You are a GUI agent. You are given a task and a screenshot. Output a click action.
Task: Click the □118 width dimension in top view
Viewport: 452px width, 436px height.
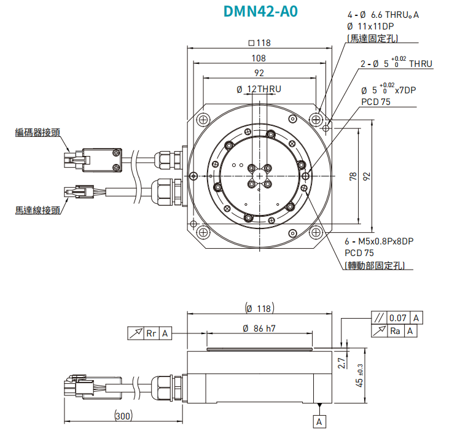260,43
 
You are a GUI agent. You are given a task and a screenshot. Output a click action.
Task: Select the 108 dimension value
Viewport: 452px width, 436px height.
260,58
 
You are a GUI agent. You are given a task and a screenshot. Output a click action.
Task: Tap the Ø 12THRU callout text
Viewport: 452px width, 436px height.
259,89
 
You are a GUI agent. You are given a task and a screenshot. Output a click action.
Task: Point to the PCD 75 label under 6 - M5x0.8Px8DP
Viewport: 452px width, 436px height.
359,252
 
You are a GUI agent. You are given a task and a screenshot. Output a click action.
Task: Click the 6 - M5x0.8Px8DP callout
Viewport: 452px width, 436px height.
379,241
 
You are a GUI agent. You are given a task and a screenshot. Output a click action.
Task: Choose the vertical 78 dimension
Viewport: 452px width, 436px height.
353,176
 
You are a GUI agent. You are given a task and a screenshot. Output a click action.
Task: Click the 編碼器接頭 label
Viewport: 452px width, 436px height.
38,132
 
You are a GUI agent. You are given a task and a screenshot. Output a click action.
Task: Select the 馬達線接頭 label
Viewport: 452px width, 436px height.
38,210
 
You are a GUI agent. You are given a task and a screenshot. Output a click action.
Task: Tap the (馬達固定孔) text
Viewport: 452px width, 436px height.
372,38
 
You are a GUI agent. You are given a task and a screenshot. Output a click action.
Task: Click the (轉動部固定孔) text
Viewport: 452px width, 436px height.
378,265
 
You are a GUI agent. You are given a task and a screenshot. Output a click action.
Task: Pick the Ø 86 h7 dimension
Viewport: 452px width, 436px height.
259,329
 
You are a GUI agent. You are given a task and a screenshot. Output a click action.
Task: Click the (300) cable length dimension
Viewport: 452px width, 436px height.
123,416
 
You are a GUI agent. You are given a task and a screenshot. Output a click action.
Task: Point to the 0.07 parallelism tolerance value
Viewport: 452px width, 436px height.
398,318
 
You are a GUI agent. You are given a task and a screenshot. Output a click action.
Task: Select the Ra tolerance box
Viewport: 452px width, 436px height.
397,331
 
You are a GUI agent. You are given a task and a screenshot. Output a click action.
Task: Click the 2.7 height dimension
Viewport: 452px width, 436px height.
341,362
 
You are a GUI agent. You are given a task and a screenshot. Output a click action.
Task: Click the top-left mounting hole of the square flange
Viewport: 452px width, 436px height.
203,118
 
